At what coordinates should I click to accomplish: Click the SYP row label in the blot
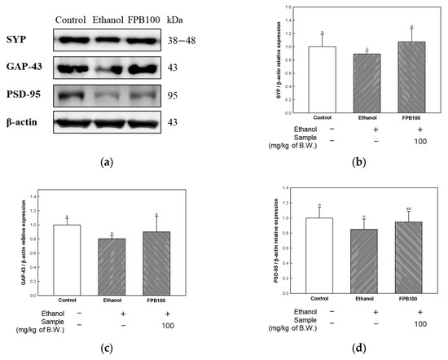[x=21, y=39]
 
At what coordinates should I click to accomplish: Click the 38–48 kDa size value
[x=194, y=39]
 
